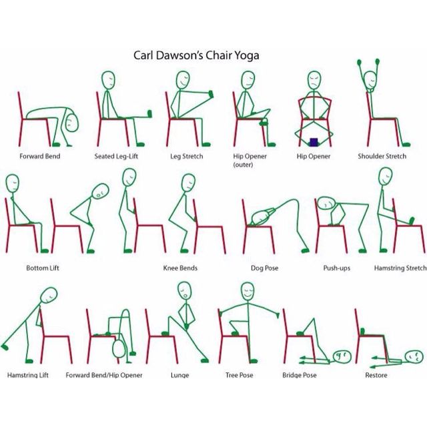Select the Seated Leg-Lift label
tap(117, 157)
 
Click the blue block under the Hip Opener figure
tap(314, 141)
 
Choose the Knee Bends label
tap(180, 268)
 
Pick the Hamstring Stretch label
tap(400, 268)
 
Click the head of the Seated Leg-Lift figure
tap(109, 80)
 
